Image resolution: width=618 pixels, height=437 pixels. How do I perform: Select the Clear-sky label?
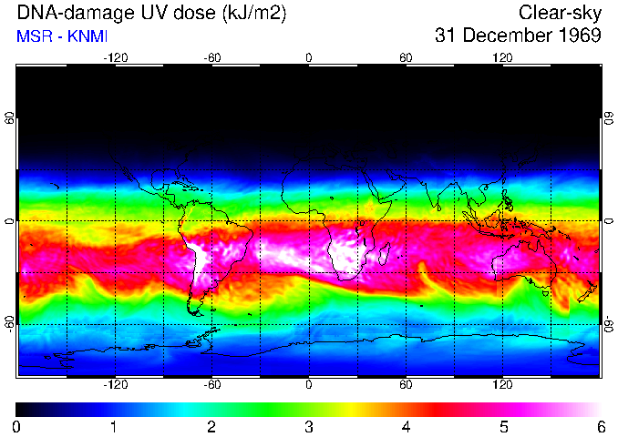[x=560, y=13]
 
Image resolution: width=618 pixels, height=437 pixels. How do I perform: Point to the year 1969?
[x=577, y=36]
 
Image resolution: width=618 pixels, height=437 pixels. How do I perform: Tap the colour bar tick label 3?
[x=308, y=426]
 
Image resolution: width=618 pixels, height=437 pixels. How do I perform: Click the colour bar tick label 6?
[x=600, y=426]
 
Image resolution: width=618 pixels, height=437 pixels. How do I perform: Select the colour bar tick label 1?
[x=113, y=426]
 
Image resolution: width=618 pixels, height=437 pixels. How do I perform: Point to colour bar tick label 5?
[x=502, y=426]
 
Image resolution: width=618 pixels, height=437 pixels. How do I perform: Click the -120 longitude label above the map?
[x=115, y=57]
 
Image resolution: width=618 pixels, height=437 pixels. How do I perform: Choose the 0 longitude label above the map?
[x=309, y=57]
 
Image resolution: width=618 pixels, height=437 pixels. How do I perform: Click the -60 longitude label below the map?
[x=211, y=385]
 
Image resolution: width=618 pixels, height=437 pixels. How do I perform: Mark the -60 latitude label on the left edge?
[x=9, y=323]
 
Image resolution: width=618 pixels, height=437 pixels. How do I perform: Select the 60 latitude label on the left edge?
[x=9, y=118]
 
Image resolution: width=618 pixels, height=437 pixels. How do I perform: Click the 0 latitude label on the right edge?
[x=608, y=221]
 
